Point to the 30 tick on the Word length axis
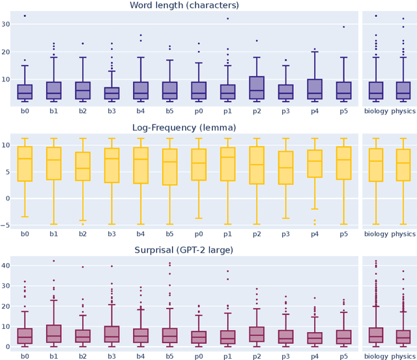coord(8,24)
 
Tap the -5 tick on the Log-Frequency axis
coord(8,225)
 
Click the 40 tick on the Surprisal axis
coord(8,266)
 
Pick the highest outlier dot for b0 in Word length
coord(25,16)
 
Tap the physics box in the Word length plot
coord(403,90)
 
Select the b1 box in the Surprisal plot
coord(53,334)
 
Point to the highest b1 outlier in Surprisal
coord(53,261)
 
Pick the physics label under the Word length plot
coord(403,109)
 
